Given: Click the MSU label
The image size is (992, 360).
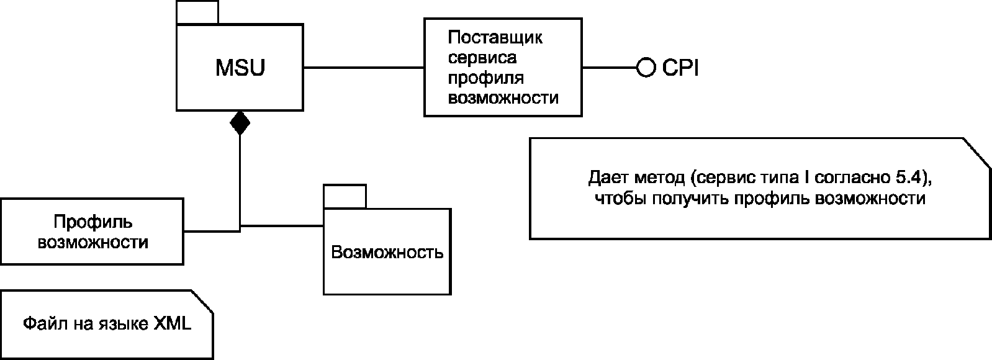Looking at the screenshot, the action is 240,68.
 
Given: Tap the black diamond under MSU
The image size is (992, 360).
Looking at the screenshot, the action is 240,123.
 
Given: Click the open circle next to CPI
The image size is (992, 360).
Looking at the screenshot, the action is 646,68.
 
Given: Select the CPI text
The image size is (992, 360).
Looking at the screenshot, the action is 680,68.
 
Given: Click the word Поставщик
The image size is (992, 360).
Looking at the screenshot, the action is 495,38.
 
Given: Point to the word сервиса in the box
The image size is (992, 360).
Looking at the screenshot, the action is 482,58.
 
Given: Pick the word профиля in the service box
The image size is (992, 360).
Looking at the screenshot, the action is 486,79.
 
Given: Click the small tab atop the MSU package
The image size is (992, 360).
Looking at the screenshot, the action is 197,12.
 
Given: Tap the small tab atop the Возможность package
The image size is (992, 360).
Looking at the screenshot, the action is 345,196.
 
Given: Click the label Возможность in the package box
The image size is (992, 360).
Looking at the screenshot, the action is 387,252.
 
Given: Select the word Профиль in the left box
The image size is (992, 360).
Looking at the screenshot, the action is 93,222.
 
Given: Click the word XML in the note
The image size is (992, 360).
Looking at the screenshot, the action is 173,323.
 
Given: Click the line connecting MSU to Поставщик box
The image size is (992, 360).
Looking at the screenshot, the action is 364,68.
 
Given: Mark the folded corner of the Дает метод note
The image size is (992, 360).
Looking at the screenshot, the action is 977,153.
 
